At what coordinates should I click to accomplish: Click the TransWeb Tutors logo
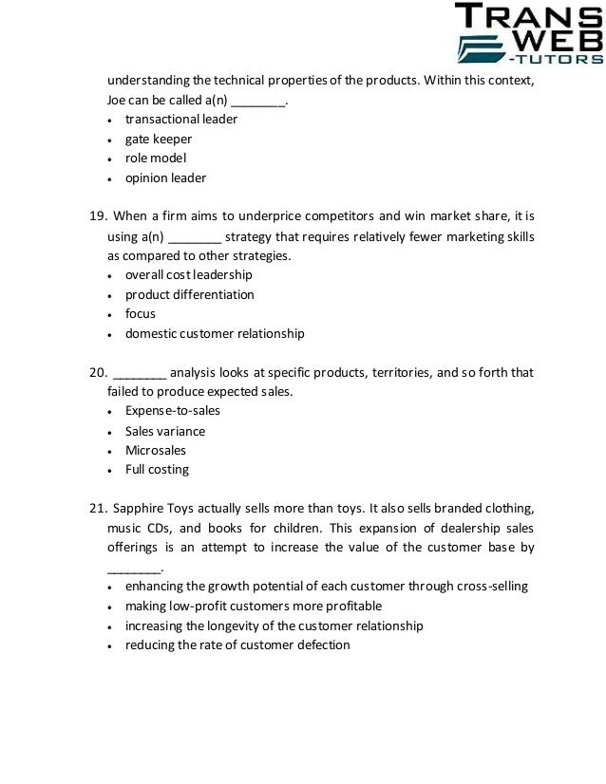coord(528,35)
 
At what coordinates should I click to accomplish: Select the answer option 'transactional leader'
coord(180,120)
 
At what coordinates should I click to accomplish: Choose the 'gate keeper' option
coord(158,139)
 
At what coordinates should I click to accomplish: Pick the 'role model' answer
coord(156,158)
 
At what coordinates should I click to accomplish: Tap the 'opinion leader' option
coord(165,177)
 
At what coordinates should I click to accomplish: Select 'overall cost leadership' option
coord(188,275)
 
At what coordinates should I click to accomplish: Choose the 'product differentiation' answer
coord(189,294)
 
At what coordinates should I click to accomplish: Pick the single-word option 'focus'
coord(140,313)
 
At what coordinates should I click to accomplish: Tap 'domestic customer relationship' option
coord(214,333)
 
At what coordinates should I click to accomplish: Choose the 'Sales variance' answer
coord(164,431)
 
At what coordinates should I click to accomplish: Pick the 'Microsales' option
coord(155,450)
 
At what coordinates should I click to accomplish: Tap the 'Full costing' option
coord(157,469)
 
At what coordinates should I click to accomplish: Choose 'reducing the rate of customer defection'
coord(237,645)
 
